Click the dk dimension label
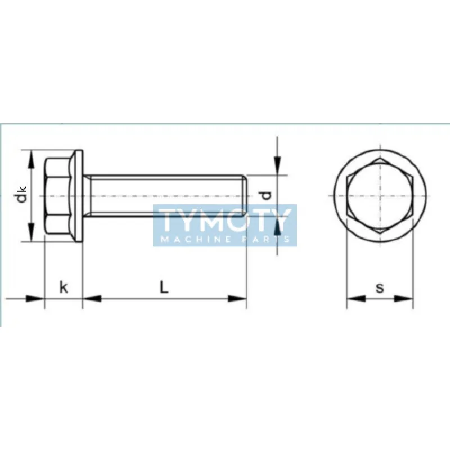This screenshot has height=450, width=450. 21,194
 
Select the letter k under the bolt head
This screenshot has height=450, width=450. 64,287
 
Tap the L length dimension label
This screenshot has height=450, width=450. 164,287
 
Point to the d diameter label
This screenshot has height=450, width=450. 267,195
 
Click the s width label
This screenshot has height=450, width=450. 380,287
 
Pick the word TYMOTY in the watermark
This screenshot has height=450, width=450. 224,220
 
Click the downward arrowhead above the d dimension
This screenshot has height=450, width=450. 277,165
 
